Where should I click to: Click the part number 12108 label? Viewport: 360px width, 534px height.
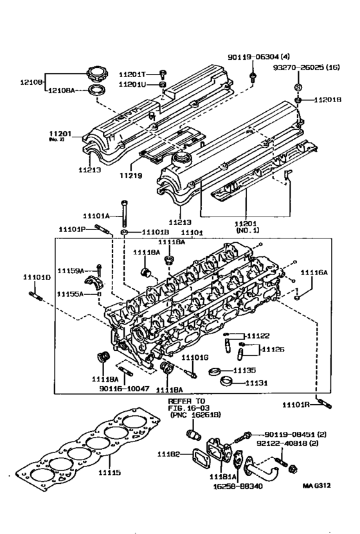click(30, 82)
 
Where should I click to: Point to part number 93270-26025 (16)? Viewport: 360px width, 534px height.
click(306, 67)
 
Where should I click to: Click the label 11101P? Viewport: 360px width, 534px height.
click(72, 228)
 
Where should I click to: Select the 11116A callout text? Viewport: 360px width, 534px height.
click(315, 273)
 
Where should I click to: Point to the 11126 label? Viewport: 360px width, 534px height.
click(273, 350)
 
